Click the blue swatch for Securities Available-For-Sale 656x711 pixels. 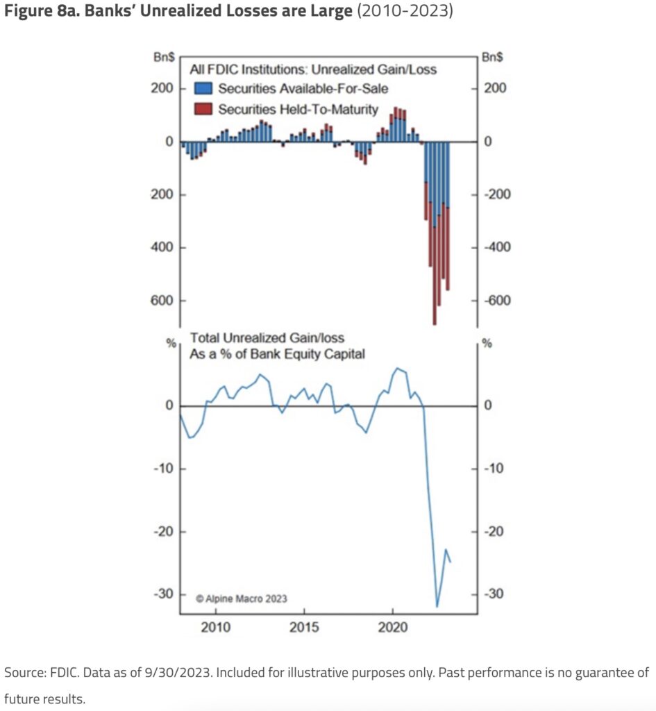click(203, 88)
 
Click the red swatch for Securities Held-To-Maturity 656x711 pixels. click(203, 109)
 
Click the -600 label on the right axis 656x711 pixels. click(497, 301)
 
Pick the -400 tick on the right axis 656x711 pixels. click(497, 248)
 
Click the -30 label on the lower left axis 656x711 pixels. click(162, 595)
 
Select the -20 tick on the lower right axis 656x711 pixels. click(496, 532)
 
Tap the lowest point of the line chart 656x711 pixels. click(437, 607)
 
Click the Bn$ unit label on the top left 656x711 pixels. click(164, 58)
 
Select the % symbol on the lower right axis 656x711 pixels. click(487, 343)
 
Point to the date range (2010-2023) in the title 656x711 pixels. click(404, 12)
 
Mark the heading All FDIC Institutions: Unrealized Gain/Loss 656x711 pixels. click(313, 69)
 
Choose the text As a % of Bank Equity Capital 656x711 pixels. click(278, 353)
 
